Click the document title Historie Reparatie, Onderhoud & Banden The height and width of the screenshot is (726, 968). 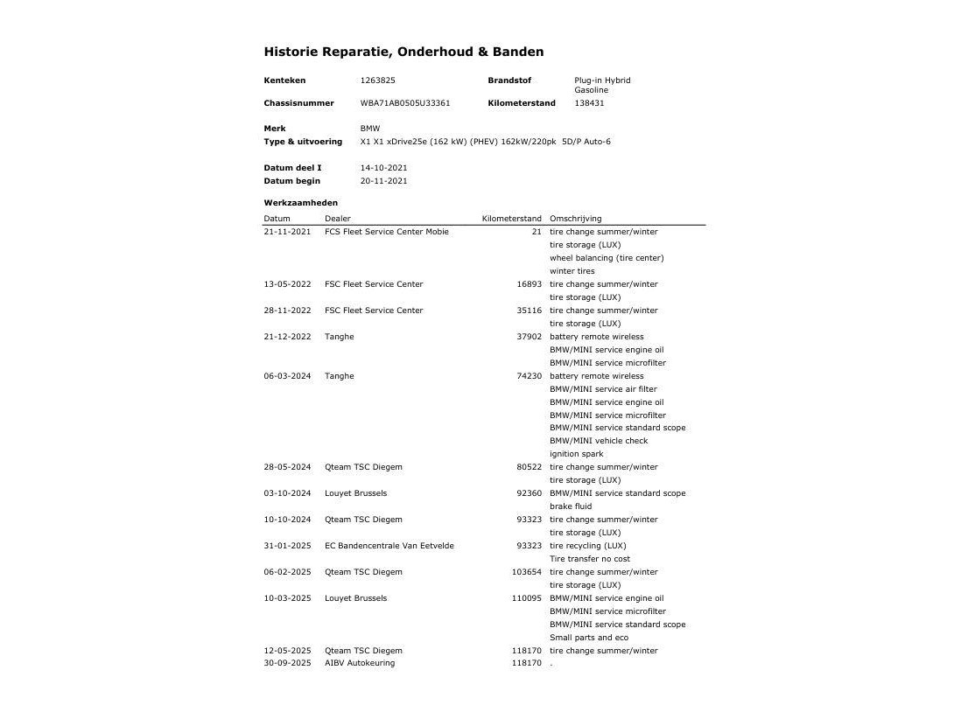pos(403,52)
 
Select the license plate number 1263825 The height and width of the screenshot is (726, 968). pos(377,80)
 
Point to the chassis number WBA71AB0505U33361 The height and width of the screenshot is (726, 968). pos(405,103)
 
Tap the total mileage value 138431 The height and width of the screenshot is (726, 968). pos(589,103)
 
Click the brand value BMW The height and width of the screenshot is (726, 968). pos(370,129)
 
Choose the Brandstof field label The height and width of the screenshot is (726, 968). pos(509,80)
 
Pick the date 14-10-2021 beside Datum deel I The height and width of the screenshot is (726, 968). pos(383,168)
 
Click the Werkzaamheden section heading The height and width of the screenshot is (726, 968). pos(300,203)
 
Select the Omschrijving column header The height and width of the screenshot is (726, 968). pos(575,219)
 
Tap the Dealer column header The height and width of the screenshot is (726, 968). pos(337,219)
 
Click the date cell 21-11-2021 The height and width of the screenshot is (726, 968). pos(287,232)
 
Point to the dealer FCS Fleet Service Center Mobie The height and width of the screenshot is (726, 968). pos(386,232)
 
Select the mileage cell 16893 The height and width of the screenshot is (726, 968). pos(529,284)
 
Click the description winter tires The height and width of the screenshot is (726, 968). pos(572,271)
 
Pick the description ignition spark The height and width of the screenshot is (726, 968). pos(576,454)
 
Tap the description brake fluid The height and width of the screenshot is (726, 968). pos(570,506)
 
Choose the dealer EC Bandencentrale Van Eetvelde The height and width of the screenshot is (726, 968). pos(389,546)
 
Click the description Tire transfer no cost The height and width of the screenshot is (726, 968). pos(589,559)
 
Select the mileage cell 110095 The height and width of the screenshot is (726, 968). pos(526,598)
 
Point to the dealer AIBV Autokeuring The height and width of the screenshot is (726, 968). pos(359,663)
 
